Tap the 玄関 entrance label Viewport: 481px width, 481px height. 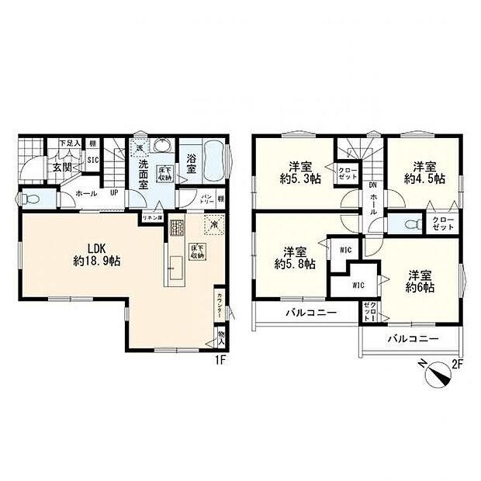tap(63, 166)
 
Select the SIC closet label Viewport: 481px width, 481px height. tap(92, 161)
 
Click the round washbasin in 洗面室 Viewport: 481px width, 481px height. tap(163, 147)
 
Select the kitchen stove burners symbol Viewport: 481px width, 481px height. tap(177, 229)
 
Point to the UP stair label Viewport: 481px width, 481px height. tap(114, 195)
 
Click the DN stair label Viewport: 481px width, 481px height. tap(372, 185)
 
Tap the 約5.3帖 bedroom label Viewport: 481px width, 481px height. tap(296, 173)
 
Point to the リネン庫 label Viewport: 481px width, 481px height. tap(151, 218)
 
